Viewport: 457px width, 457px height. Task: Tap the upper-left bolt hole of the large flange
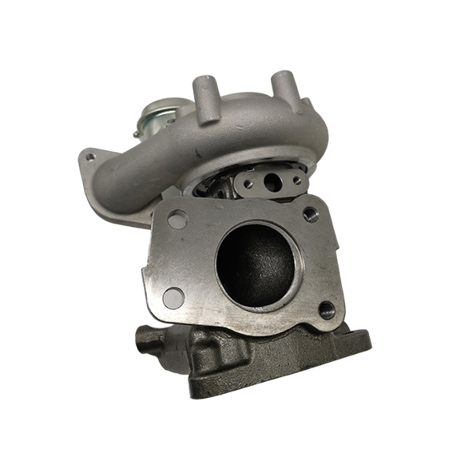click(178, 218)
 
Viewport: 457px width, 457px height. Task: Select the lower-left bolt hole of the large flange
click(173, 297)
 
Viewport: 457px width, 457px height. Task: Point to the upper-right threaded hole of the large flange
click(311, 214)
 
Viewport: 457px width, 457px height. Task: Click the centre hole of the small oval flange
click(272, 182)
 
